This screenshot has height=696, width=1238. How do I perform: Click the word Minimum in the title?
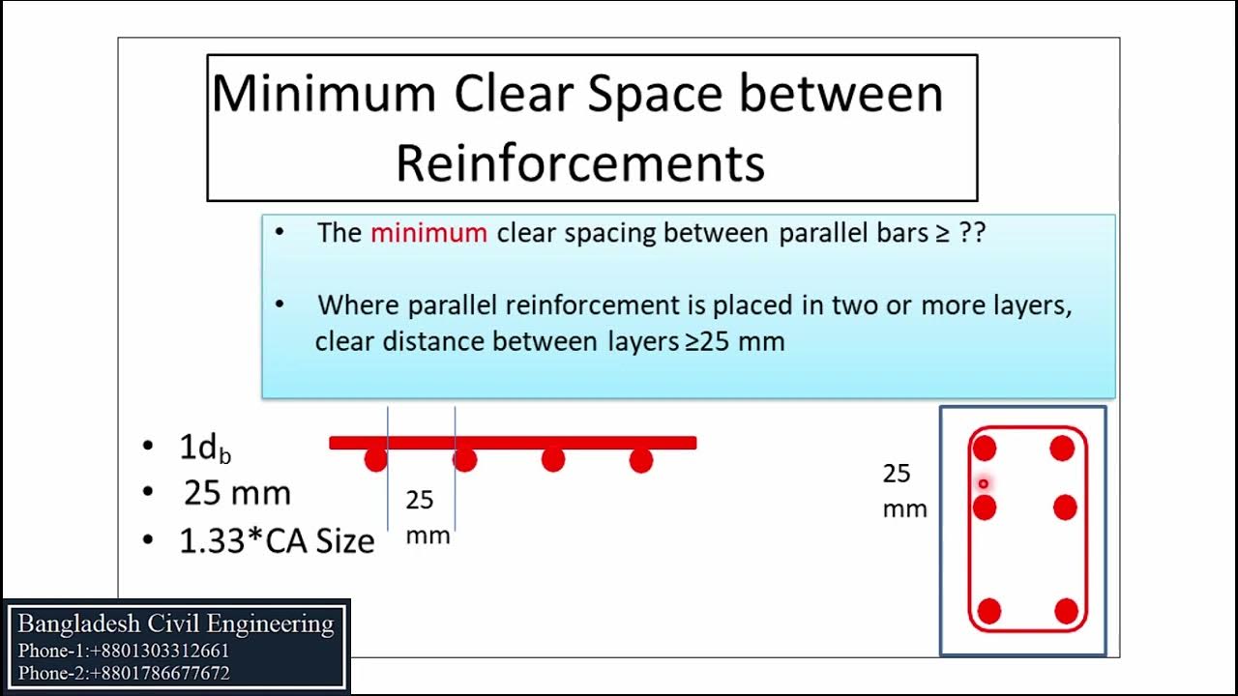[324, 94]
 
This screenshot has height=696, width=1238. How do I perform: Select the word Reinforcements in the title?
[580, 162]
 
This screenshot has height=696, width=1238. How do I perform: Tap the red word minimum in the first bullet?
[428, 233]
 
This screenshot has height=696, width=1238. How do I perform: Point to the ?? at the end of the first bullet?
[971, 233]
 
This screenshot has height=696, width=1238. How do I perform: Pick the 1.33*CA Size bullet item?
[277, 540]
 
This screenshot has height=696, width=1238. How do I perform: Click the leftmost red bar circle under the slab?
[375, 460]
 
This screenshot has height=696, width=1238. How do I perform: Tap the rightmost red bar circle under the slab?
[640, 460]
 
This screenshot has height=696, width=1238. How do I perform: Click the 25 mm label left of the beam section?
[903, 490]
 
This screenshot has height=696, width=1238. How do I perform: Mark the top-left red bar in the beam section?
[985, 449]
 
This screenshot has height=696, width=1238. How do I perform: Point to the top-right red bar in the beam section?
[1062, 449]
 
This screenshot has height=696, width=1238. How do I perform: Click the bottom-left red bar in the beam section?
[988, 611]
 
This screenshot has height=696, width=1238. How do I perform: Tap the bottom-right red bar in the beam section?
[1066, 611]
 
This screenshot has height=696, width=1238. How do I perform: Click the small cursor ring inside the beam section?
[984, 483]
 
